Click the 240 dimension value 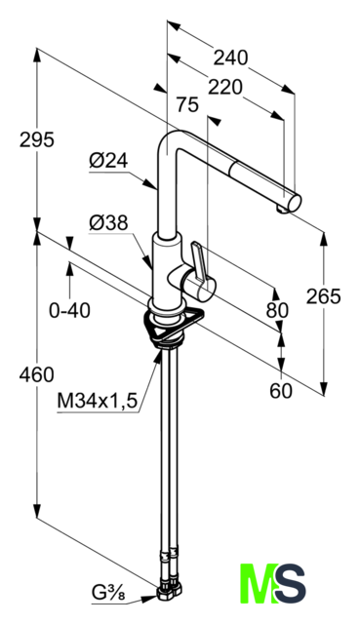pyautogui.click(x=230, y=58)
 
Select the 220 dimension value pyautogui.click(x=225, y=87)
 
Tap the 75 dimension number pyautogui.click(x=187, y=105)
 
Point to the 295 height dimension pyautogui.click(x=37, y=140)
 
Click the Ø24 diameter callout pyautogui.click(x=108, y=161)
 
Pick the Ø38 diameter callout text pyautogui.click(x=108, y=223)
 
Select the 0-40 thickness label pyautogui.click(x=69, y=310)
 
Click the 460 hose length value pyautogui.click(x=37, y=374)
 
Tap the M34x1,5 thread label pyautogui.click(x=98, y=401)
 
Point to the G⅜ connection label pyautogui.click(x=108, y=594)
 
